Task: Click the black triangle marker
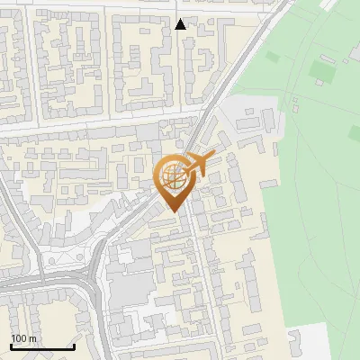tap(181, 24)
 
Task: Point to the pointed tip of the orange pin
tap(174, 211)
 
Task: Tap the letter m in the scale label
tap(32, 338)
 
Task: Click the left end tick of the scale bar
tap(10, 346)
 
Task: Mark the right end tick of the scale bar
tap(75, 346)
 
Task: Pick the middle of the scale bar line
tap(42, 347)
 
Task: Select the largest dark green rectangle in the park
tap(321, 68)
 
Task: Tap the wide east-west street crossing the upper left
tap(90, 126)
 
